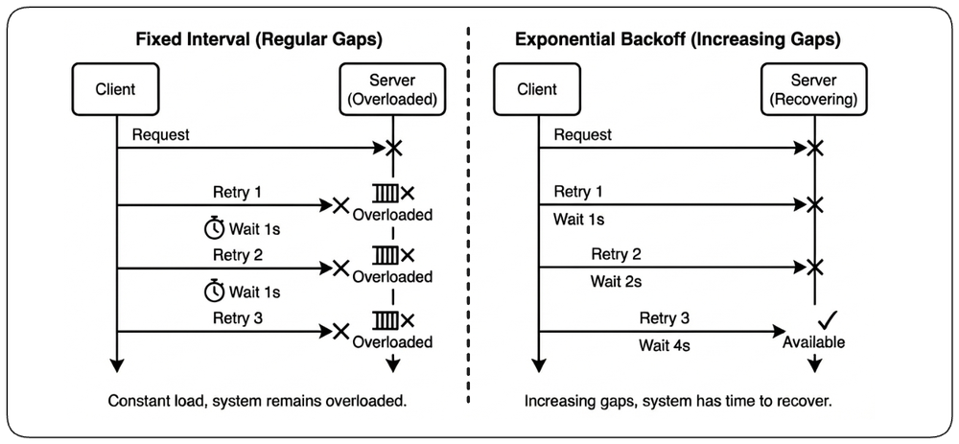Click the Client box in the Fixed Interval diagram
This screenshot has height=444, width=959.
[116, 89]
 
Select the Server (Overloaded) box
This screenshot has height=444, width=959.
[392, 89]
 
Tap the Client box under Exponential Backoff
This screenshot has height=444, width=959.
[538, 89]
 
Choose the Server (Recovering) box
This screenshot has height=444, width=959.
[813, 89]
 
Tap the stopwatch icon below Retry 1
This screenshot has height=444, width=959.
[214, 229]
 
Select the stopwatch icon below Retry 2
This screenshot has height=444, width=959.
[214, 292]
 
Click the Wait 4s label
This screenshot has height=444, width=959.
[665, 345]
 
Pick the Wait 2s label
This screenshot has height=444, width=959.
[616, 282]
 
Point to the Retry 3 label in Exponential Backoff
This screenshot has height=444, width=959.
[665, 318]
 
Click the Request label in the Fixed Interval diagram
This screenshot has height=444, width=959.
[161, 134]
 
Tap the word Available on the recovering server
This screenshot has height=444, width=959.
[813, 341]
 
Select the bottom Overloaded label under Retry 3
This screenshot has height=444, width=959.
[392, 341]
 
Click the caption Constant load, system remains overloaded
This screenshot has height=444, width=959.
[257, 402]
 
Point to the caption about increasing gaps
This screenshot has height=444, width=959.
[679, 402]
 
